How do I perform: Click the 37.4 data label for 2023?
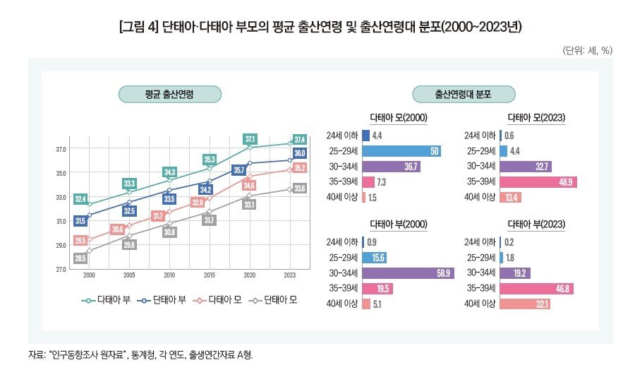pyautogui.click(x=299, y=139)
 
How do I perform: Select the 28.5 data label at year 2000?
pyautogui.click(x=80, y=258)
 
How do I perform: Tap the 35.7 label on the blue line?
pyautogui.click(x=239, y=170)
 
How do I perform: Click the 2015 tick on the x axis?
pyautogui.click(x=210, y=275)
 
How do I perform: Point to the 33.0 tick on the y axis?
pyautogui.click(x=61, y=197)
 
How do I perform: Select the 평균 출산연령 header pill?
pyautogui.click(x=169, y=94)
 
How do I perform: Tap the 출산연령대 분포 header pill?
pyautogui.click(x=464, y=94)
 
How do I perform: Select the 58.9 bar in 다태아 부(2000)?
pyautogui.click(x=408, y=273)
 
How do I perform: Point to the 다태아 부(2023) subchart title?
pyautogui.click(x=538, y=225)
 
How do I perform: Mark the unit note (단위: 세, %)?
pyautogui.click(x=586, y=51)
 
